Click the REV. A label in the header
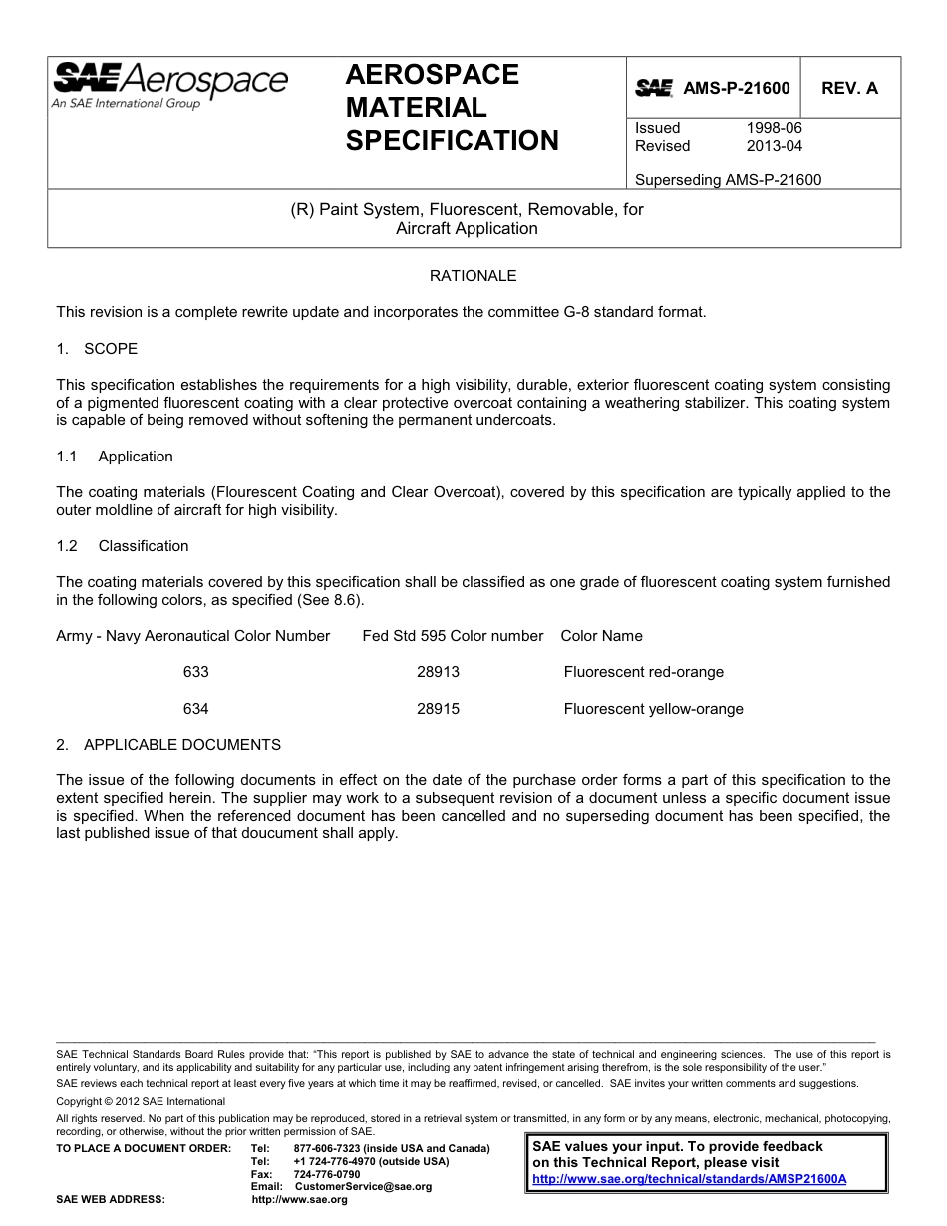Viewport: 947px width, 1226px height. coord(849,88)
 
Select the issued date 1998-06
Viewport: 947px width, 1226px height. coord(774,128)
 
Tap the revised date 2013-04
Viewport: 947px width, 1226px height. coord(774,146)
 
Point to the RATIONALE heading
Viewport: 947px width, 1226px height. coord(473,275)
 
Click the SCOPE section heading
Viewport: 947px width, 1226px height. coord(111,349)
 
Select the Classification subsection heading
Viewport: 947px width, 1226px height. coord(143,546)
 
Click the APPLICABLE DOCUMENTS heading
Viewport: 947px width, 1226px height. coord(182,745)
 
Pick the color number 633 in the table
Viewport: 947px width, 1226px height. coord(196,672)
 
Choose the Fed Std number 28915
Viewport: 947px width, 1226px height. coord(438,709)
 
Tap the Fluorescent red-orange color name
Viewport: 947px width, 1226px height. coord(643,672)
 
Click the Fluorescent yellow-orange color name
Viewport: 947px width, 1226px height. coord(653,709)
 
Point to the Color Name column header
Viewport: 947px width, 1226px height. coord(601,636)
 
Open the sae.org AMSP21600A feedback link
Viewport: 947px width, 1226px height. coord(689,1178)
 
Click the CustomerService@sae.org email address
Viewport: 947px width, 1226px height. coord(364,1187)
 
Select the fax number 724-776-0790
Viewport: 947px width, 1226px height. coord(327,1174)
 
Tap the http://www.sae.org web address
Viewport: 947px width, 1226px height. coord(300,1200)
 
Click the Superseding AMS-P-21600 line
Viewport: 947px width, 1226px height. coord(728,180)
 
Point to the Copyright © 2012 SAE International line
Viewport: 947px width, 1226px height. coord(141,1101)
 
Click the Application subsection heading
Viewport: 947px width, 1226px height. coord(136,457)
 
